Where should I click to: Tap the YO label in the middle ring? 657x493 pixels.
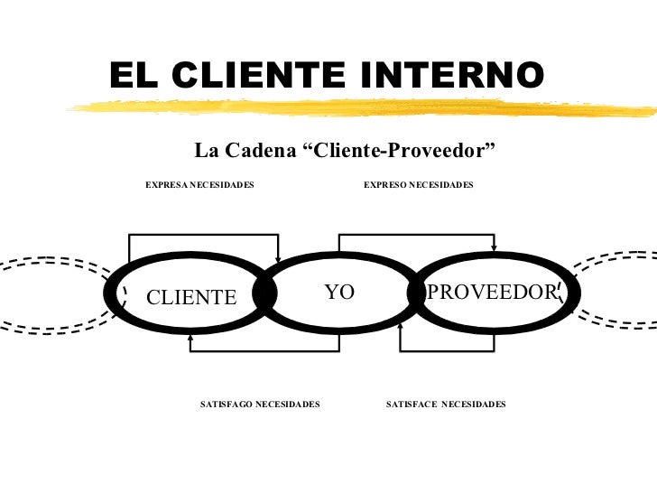tap(339, 292)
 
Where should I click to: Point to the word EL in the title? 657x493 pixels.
tap(133, 76)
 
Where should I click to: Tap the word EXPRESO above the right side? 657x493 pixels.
tap(384, 185)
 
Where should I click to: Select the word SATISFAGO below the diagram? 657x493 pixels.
tap(226, 405)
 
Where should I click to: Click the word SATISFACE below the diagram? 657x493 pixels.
tap(412, 405)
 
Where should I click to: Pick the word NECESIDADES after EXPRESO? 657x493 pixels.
tap(441, 185)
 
